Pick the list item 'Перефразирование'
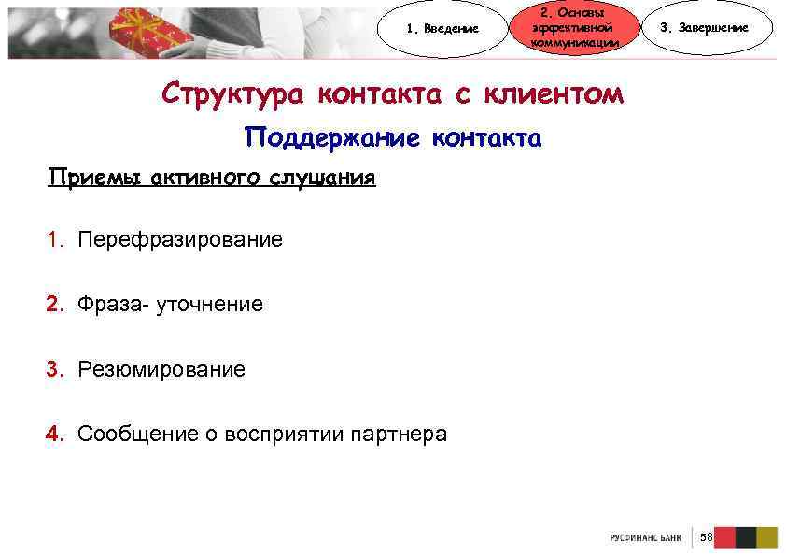(180, 240)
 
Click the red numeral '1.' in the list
(57, 240)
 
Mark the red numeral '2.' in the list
(57, 305)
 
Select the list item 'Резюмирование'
(161, 370)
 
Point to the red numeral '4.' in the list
(57, 435)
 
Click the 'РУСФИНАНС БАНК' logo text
(645, 538)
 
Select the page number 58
(706, 537)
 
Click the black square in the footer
(745, 537)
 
